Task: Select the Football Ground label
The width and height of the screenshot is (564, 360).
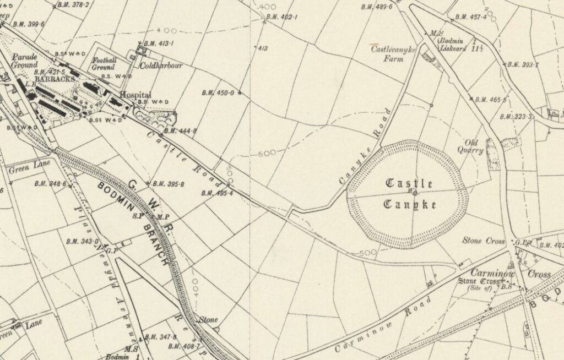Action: click(104, 63)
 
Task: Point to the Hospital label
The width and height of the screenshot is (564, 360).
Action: click(135, 95)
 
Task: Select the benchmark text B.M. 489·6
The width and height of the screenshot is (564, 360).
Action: click(377, 7)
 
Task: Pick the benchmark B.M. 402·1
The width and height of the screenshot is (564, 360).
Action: click(281, 17)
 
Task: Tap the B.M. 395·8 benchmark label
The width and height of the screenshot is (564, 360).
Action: click(168, 184)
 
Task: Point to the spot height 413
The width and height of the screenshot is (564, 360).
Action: click(262, 49)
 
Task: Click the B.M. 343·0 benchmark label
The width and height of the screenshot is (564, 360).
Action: click(82, 241)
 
